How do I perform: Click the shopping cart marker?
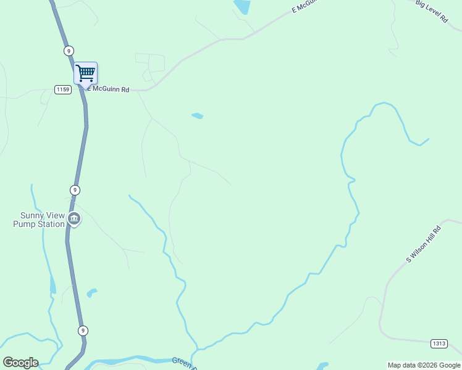[x=85, y=73]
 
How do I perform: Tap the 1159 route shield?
[x=62, y=89]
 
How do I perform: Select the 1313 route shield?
[x=439, y=343]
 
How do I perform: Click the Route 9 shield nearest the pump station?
[x=75, y=190]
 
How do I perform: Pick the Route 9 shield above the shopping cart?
[x=68, y=51]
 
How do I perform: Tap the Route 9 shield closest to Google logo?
[x=83, y=331]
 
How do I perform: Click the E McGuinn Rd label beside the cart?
[x=108, y=89]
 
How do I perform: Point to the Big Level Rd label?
[x=431, y=11]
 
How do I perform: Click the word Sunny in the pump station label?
[x=31, y=215]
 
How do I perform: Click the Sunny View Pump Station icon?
[x=74, y=218]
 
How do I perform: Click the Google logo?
[x=20, y=363]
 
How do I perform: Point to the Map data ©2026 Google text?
[x=424, y=365]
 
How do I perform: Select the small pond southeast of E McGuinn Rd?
[x=198, y=115]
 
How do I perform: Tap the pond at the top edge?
[x=242, y=6]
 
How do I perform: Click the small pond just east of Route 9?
[x=91, y=292]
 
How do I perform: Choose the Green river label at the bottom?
[x=183, y=362]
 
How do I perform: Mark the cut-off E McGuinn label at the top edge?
[x=304, y=6]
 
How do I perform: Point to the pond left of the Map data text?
[x=322, y=366]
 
